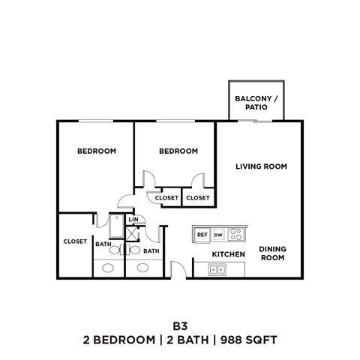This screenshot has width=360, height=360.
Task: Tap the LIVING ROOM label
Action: point(261,166)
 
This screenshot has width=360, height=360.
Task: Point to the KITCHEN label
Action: point(228,255)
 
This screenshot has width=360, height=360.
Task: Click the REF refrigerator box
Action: point(202,235)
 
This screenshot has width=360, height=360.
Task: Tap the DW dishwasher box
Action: point(218,235)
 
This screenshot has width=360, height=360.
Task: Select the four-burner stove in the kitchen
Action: point(236,234)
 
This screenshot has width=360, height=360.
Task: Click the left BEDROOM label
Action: point(97,151)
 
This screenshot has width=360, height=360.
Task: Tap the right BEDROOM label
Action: point(178,151)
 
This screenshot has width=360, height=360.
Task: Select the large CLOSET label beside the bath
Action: point(75,241)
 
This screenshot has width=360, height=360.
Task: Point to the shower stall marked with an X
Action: point(133,233)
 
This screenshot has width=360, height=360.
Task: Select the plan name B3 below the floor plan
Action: point(179,325)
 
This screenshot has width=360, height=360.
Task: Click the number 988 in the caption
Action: point(233,340)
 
